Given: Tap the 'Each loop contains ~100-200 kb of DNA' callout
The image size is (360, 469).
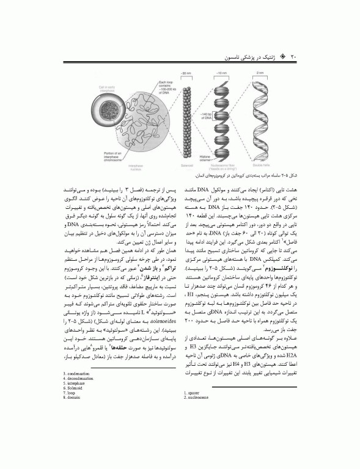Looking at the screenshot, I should [x=164, y=89].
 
